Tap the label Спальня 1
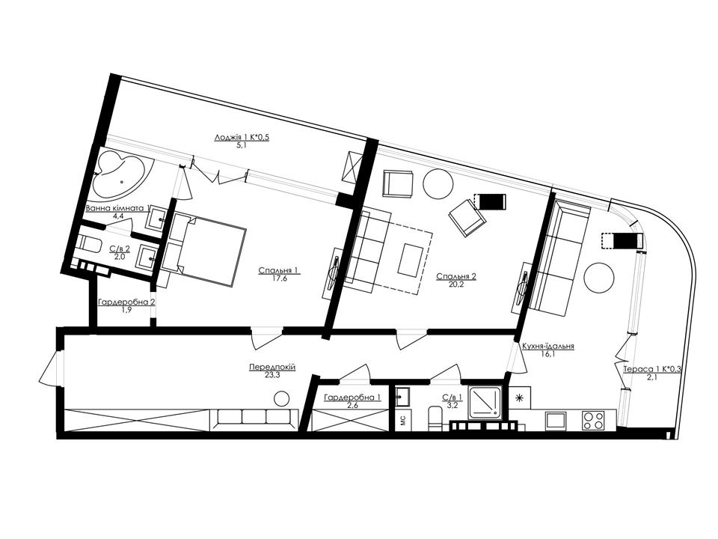pos(279,271)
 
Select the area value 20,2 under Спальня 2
pos(456,284)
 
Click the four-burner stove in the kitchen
pos(593,421)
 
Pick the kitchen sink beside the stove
pos(556,421)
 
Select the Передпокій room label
pos(272,367)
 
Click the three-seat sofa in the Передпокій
pos(254,419)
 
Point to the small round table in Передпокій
pos(282,399)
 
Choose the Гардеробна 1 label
pos(352,398)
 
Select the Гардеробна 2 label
pos(126,302)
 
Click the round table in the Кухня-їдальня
pos(598,278)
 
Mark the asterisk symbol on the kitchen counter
pos(519,398)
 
